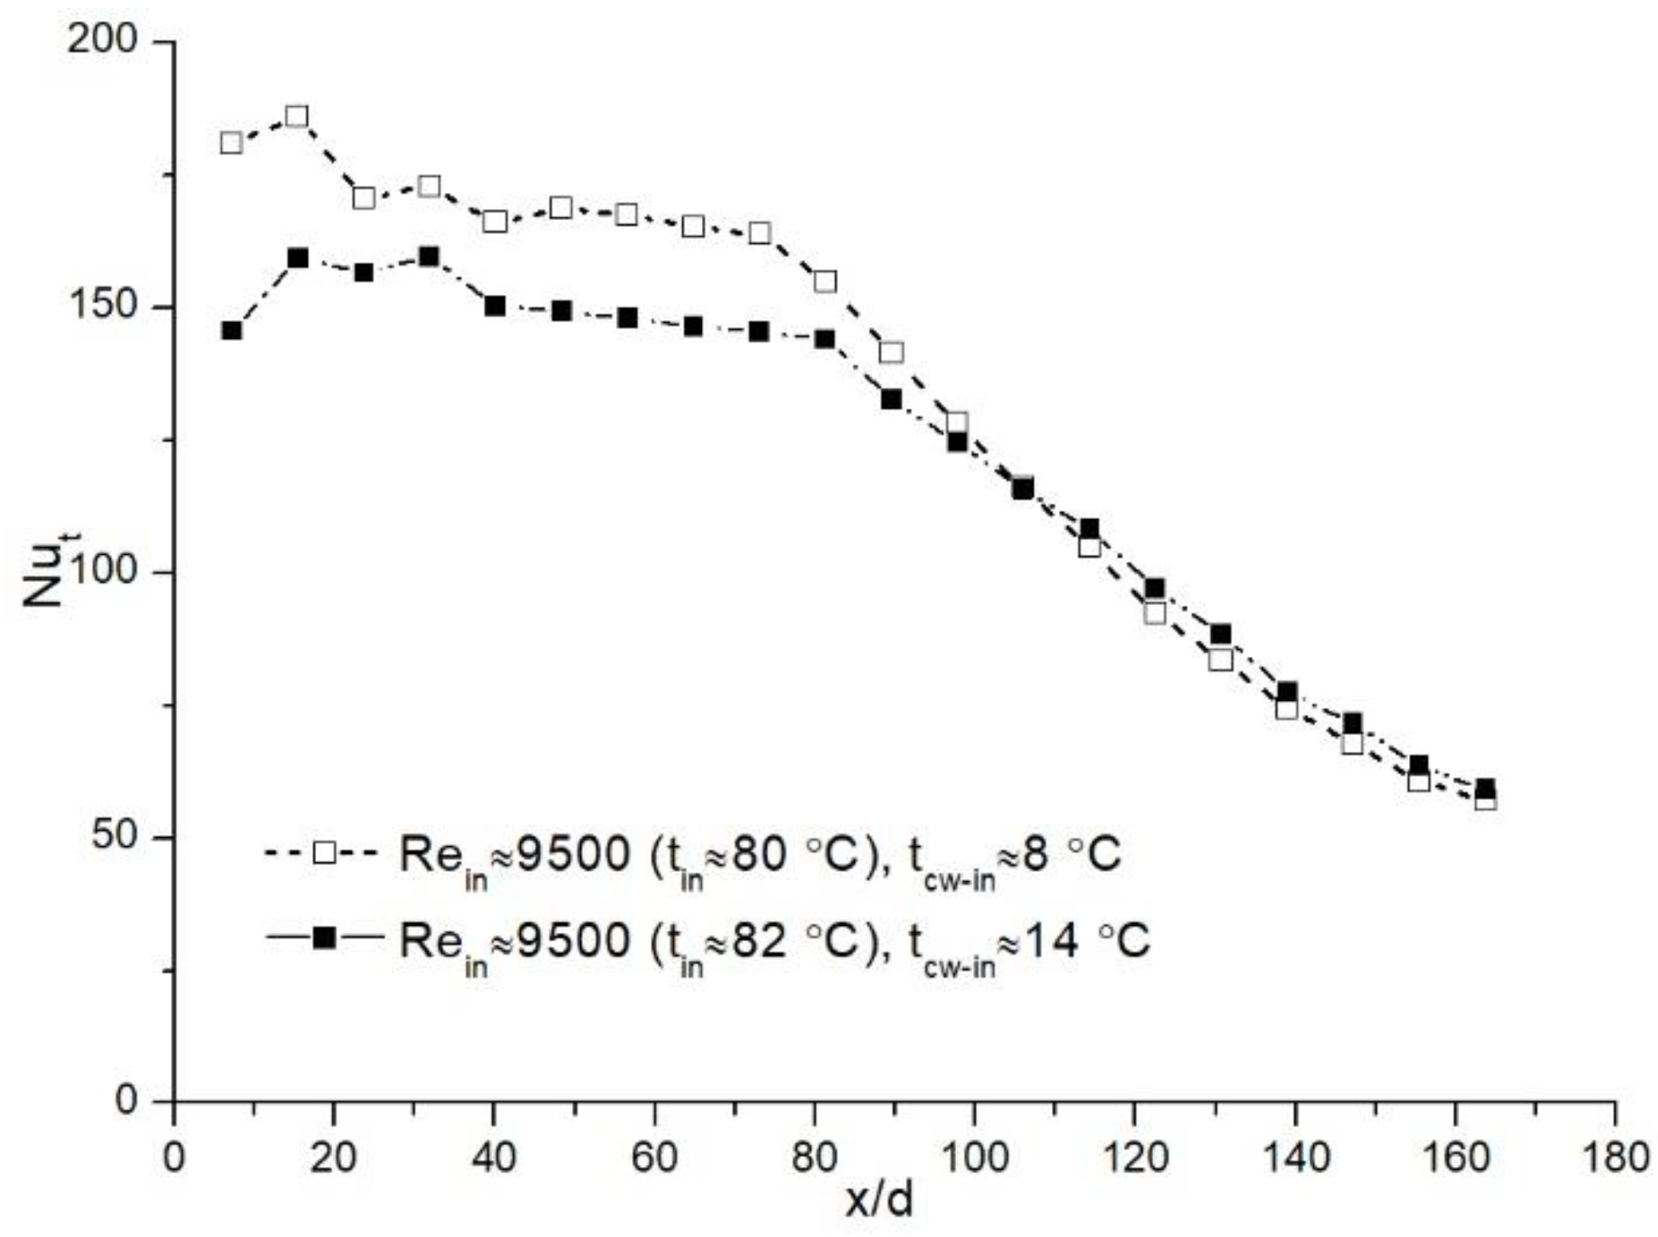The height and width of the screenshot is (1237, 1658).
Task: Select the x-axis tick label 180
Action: point(1614,1158)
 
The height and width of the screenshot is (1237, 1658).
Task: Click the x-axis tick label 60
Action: point(654,1158)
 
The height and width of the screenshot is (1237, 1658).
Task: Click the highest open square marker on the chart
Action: point(297,116)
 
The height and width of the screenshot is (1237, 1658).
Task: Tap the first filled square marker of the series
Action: point(231,330)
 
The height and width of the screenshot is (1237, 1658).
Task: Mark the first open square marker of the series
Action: point(231,143)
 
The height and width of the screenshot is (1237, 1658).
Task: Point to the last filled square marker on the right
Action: point(1485,788)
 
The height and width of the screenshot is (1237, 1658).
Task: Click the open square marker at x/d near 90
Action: point(891,352)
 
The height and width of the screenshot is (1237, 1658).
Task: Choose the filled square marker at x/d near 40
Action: point(495,306)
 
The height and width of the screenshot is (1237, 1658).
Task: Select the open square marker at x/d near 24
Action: point(364,198)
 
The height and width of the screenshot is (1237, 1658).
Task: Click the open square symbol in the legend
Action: point(325,852)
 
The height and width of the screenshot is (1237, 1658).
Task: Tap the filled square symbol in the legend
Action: point(325,938)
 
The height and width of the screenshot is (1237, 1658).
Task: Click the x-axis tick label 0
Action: point(173,1158)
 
